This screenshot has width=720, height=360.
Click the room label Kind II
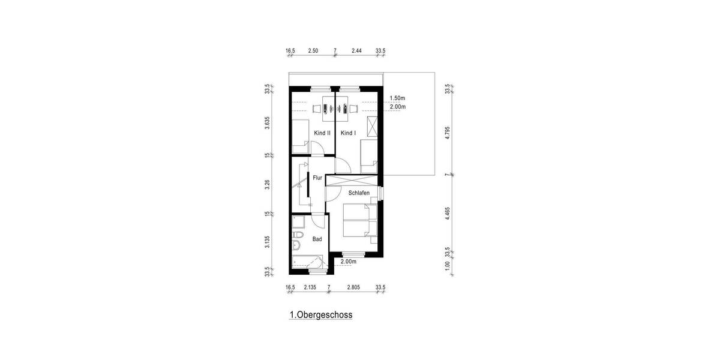pyautogui.click(x=322, y=133)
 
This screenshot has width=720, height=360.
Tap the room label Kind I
pyautogui.click(x=349, y=133)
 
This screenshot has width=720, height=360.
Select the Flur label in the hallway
pyautogui.click(x=317, y=178)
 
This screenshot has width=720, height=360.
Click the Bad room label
pyautogui.click(x=317, y=239)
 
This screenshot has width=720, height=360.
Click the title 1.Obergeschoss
pyautogui.click(x=320, y=314)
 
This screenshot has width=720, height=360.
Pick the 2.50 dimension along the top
pyautogui.click(x=313, y=51)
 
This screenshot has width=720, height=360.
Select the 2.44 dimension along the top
pyautogui.click(x=356, y=51)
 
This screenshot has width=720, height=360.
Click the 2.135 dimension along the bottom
pyautogui.click(x=310, y=288)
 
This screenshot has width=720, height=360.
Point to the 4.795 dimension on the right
pyautogui.click(x=447, y=133)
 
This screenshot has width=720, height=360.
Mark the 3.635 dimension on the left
pyautogui.click(x=268, y=123)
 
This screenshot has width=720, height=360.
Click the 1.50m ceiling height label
pyautogui.click(x=398, y=98)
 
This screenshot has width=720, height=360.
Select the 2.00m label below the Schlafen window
pyautogui.click(x=349, y=262)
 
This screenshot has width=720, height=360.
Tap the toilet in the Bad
pyautogui.click(x=297, y=246)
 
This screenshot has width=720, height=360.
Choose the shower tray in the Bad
pyautogui.click(x=298, y=223)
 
